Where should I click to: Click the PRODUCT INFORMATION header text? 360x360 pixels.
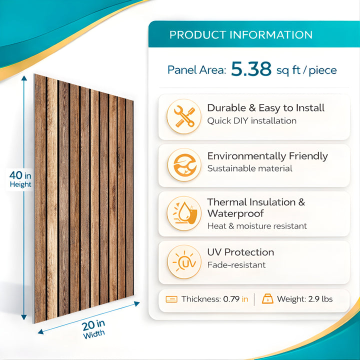coord(240,35)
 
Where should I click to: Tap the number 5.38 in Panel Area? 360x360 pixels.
coord(251,70)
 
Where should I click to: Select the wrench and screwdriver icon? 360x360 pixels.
coord(184,116)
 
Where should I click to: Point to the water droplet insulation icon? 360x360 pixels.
coord(184,213)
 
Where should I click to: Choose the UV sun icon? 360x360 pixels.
coord(184,261)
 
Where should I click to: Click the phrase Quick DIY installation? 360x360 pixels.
coord(251,121)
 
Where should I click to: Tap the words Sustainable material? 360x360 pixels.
coord(249,169)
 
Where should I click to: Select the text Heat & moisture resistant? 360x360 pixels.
coord(257,226)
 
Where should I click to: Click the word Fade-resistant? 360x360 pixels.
coord(236,265)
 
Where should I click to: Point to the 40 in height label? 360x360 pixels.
coord(20,178)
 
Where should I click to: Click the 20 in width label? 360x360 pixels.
coord(93,328)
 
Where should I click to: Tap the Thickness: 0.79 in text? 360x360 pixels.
coord(214,299)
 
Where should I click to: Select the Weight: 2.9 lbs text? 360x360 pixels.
coord(304,299)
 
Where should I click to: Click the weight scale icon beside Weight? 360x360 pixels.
coord(267,299)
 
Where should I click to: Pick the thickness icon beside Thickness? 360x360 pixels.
coord(171,299)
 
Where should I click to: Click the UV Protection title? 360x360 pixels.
coord(240,252)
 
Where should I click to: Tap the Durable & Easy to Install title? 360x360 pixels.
coord(265,108)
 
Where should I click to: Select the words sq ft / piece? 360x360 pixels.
coord(306,70)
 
